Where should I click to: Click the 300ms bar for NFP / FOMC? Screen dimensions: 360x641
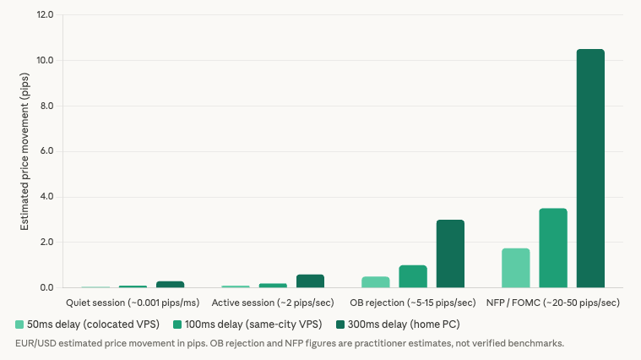[x=590, y=169]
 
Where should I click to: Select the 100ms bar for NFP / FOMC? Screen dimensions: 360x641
[x=553, y=248]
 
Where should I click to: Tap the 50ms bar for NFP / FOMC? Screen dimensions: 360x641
[x=516, y=268]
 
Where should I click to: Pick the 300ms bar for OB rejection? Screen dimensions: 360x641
[x=450, y=254]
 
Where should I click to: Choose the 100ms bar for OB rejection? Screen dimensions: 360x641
[x=413, y=276]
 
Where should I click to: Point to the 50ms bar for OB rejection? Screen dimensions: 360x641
[x=376, y=282]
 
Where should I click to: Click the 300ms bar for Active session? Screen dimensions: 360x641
[x=310, y=281]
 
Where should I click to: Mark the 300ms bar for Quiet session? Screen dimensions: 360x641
[x=170, y=285]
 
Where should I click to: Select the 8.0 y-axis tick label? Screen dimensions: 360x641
[x=46, y=106]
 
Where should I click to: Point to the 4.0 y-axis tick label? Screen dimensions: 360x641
[x=46, y=197]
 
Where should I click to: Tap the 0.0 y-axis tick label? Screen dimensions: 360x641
[x=46, y=288]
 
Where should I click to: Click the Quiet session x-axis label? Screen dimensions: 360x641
[x=133, y=303]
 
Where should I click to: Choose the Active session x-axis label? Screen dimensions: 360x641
[x=273, y=303]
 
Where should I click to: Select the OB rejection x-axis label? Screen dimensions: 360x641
[x=413, y=303]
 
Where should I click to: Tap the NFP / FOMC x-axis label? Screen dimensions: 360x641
[x=553, y=303]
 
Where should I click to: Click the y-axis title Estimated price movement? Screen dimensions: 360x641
[x=25, y=152]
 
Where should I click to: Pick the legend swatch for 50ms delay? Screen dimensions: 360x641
[x=19, y=325]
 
